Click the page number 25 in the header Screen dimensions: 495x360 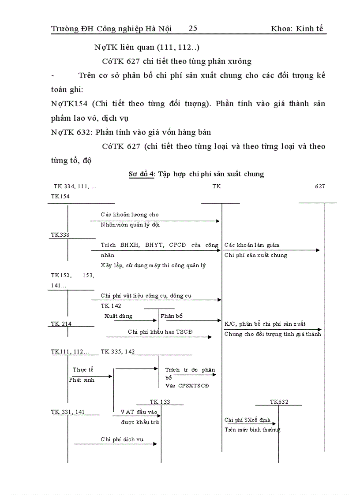point(193,29)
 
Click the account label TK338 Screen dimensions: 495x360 point(60,235)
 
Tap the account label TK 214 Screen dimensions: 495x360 point(61,324)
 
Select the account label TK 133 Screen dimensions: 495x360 point(160,402)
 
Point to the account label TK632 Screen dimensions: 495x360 point(279,402)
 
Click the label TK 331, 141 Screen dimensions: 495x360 point(68,412)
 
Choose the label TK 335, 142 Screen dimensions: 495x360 point(118,351)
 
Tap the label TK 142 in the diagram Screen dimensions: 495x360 point(111,305)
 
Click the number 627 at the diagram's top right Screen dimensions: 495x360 point(320,186)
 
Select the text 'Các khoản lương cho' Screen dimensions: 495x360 point(129,215)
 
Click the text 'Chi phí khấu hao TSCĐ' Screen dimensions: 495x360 point(160,332)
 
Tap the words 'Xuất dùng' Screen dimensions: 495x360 point(118,316)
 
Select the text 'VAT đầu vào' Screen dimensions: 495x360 point(139,412)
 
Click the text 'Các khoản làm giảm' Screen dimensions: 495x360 point(251,245)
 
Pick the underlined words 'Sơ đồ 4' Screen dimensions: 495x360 point(141,174)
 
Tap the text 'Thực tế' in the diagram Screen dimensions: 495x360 point(83,370)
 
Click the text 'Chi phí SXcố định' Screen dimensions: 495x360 point(247,420)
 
